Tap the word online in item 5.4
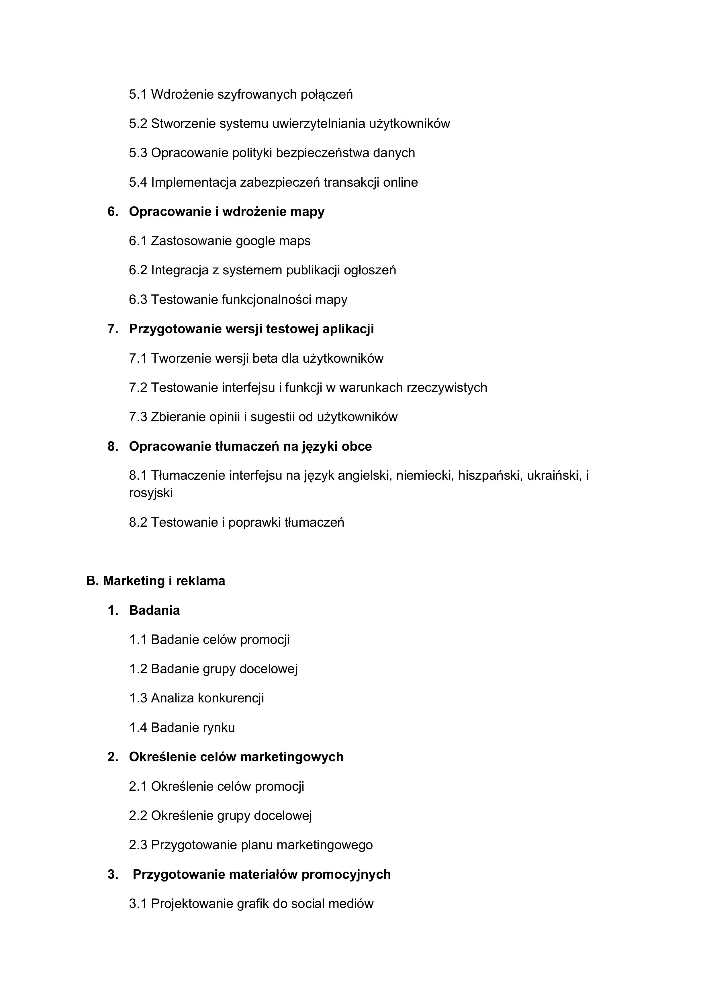coord(400,182)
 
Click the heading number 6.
coord(113,212)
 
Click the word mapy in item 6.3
coord(331,300)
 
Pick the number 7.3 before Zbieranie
coord(138,417)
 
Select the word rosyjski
coord(151,493)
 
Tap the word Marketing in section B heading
coord(134,581)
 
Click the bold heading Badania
coord(154,610)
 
